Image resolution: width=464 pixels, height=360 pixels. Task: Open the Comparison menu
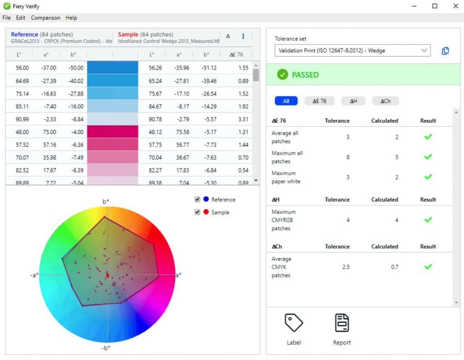[45, 18]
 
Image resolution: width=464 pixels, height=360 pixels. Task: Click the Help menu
[71, 18]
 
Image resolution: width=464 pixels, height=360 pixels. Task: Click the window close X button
[455, 6]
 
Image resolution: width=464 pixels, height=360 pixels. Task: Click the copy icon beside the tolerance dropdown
[445, 51]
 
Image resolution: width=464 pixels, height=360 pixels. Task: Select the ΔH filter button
[353, 101]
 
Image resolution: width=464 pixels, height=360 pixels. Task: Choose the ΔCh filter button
[385, 101]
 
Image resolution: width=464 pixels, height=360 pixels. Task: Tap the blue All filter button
[286, 101]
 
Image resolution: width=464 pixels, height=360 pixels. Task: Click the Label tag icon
[294, 323]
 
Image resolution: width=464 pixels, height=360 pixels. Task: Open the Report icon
[342, 323]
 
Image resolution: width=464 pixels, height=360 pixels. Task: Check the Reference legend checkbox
[197, 199]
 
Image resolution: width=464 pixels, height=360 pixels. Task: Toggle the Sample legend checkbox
[197, 212]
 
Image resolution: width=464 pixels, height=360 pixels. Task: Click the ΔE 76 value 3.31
[243, 119]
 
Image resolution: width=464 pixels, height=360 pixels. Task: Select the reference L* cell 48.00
[22, 132]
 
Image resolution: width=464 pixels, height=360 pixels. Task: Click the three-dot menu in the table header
[243, 36]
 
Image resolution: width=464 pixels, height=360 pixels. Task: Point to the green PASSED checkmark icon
[282, 75]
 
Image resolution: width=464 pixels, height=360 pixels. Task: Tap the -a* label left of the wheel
[34, 275]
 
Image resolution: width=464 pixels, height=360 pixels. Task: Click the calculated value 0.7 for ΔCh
[394, 267]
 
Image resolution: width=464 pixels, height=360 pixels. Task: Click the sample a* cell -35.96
[182, 68]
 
